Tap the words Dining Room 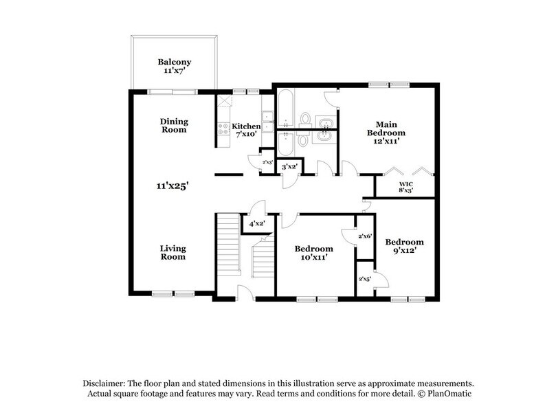click(174, 125)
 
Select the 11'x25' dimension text click(172, 185)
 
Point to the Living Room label click(173, 252)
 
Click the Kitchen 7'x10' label click(246, 131)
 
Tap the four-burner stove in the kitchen click(223, 127)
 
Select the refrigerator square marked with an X click(225, 102)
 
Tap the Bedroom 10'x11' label click(313, 252)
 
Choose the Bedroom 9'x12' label click(404, 246)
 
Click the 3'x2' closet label click(289, 167)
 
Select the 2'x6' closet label click(365, 236)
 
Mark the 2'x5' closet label click(365, 279)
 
